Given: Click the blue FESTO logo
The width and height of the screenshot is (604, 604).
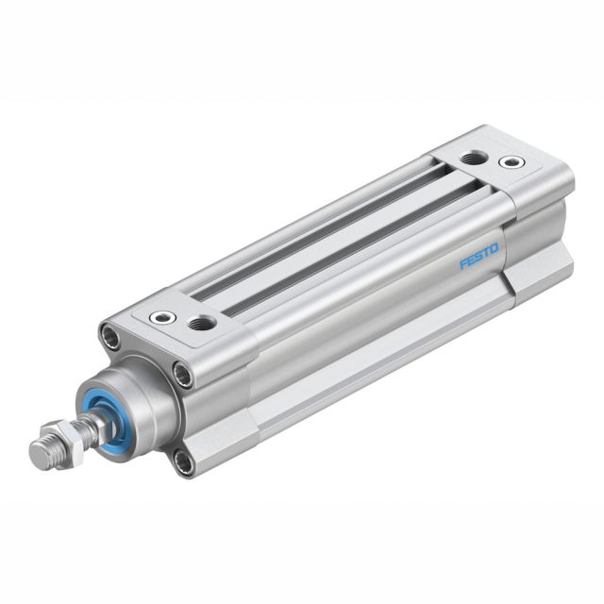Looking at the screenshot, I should (478, 256).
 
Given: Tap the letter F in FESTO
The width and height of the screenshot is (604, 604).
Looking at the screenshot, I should (463, 264).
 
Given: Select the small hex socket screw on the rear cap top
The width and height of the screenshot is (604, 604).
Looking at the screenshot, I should (512, 162).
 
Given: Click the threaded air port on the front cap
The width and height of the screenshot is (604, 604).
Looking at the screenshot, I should (201, 324).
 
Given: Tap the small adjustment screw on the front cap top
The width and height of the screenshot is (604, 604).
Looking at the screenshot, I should (163, 317).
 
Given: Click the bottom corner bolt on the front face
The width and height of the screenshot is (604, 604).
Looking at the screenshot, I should (182, 461).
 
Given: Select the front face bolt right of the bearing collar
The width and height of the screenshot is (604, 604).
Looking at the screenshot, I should (183, 376).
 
